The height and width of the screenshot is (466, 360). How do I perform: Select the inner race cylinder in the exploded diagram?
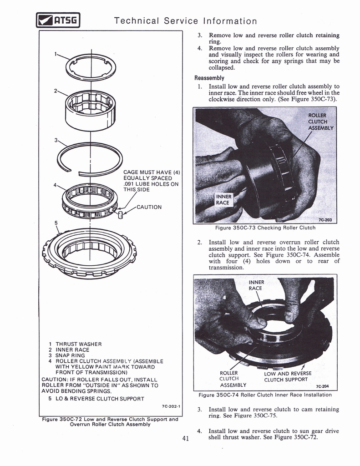click(91, 110)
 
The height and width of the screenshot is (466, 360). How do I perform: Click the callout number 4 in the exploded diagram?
click(55, 185)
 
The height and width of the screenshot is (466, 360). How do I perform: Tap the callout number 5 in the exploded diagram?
click(56, 223)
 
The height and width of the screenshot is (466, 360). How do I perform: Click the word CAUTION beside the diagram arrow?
click(149, 207)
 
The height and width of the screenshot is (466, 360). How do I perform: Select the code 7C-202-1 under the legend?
click(171, 406)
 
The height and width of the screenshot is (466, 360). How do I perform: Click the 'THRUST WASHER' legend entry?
click(78, 344)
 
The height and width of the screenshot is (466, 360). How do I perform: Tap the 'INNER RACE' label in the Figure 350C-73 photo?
click(223, 200)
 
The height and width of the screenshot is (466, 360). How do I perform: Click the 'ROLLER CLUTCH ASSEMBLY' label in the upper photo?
click(320, 122)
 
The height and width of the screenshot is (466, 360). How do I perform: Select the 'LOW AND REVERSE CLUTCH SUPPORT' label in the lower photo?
click(288, 376)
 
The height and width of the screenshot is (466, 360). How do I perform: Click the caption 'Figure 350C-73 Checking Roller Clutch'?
click(265, 228)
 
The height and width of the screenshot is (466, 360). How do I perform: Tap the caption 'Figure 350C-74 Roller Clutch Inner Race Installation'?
click(265, 395)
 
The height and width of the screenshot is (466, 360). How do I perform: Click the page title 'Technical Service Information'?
click(185, 21)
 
